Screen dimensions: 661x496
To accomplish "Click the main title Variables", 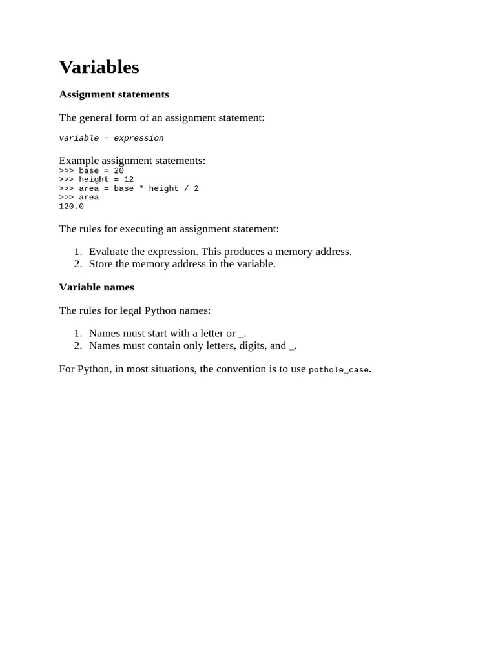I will point(99,67).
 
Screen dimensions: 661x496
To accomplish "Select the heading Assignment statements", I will point(114,94).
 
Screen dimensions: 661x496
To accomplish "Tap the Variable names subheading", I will point(96,287).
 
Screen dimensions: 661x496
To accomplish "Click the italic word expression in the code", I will point(139,138).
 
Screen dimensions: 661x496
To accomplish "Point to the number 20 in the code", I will point(119,171).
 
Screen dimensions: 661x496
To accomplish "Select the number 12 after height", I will point(129,179).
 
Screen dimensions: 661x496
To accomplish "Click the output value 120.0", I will point(71,207).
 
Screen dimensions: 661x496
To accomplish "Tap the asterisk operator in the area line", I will point(141,188).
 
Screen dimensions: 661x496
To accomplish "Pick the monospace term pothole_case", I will point(338,370).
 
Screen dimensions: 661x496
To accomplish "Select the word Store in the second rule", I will point(101,263).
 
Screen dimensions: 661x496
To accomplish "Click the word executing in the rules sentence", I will point(145,229).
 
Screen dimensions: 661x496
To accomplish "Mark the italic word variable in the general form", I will point(79,138).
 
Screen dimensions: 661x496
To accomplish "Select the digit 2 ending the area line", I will point(196,188).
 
